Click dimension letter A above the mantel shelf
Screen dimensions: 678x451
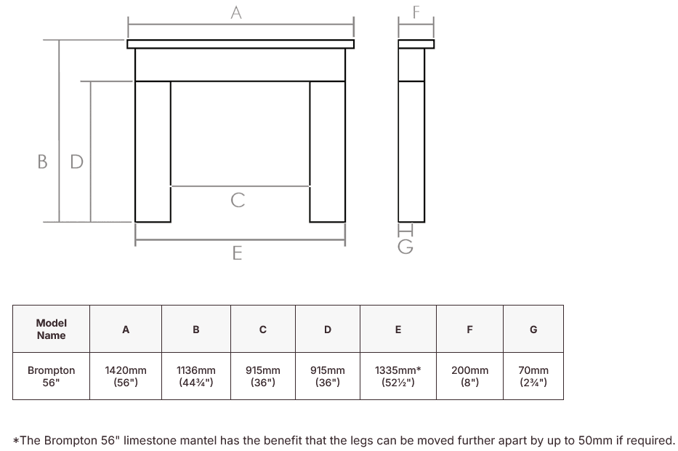coord(236,12)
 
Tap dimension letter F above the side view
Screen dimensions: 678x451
coord(416,12)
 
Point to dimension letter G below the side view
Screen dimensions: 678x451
coord(405,247)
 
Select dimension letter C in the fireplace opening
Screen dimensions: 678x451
coord(238,200)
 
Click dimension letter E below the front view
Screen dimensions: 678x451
coord(237,253)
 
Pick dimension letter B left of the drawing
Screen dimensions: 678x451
coord(42,161)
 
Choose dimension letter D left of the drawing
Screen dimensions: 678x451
coord(76,161)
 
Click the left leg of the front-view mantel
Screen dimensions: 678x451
coord(153,151)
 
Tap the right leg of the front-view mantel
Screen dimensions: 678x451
coord(327,151)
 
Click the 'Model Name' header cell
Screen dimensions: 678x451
coord(51,329)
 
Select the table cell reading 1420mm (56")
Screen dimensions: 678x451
coord(126,376)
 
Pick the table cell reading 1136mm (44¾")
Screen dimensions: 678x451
coord(196,376)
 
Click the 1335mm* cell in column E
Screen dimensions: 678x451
coord(397,376)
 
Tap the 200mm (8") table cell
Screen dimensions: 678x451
coord(469,376)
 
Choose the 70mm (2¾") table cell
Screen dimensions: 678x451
coord(533,376)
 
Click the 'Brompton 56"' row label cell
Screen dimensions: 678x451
coord(51,376)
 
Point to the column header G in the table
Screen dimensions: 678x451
coord(533,329)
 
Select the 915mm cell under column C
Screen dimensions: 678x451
coord(263,376)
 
